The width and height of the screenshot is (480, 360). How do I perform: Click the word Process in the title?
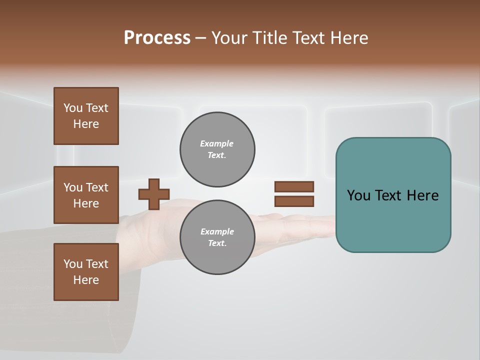click(x=157, y=38)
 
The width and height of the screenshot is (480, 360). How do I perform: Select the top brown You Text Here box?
click(x=86, y=116)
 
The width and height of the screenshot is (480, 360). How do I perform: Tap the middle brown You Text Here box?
click(x=86, y=195)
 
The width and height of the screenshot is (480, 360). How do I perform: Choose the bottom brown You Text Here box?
click(x=86, y=272)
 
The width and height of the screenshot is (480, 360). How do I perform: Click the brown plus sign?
click(x=154, y=194)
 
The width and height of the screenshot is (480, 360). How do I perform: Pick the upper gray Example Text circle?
click(x=217, y=149)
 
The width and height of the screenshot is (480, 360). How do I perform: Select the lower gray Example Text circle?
click(x=217, y=237)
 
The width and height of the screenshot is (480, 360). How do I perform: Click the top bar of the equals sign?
click(x=294, y=186)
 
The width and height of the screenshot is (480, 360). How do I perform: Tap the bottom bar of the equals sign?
click(x=294, y=201)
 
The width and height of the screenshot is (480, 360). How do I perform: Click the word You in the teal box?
click(x=358, y=195)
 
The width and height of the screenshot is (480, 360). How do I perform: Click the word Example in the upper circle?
click(x=216, y=143)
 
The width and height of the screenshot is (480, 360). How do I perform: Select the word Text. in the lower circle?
click(x=217, y=243)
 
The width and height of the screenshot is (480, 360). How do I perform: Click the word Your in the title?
click(x=230, y=38)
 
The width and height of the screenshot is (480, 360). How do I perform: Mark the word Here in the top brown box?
click(x=86, y=124)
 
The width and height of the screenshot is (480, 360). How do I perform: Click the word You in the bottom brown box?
click(x=72, y=264)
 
